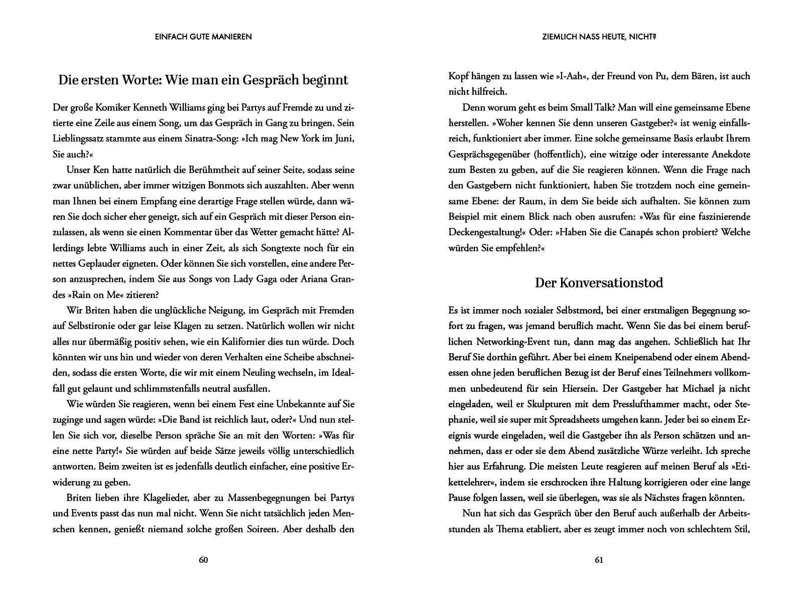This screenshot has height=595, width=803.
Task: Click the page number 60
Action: [203, 560]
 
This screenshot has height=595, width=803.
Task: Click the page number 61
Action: [599, 560]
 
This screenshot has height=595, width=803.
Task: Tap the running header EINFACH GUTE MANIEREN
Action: [203, 37]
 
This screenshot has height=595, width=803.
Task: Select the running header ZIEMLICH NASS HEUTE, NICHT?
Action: [599, 37]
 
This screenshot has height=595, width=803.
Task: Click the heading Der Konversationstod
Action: [599, 283]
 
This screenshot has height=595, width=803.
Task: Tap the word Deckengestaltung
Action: [484, 232]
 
